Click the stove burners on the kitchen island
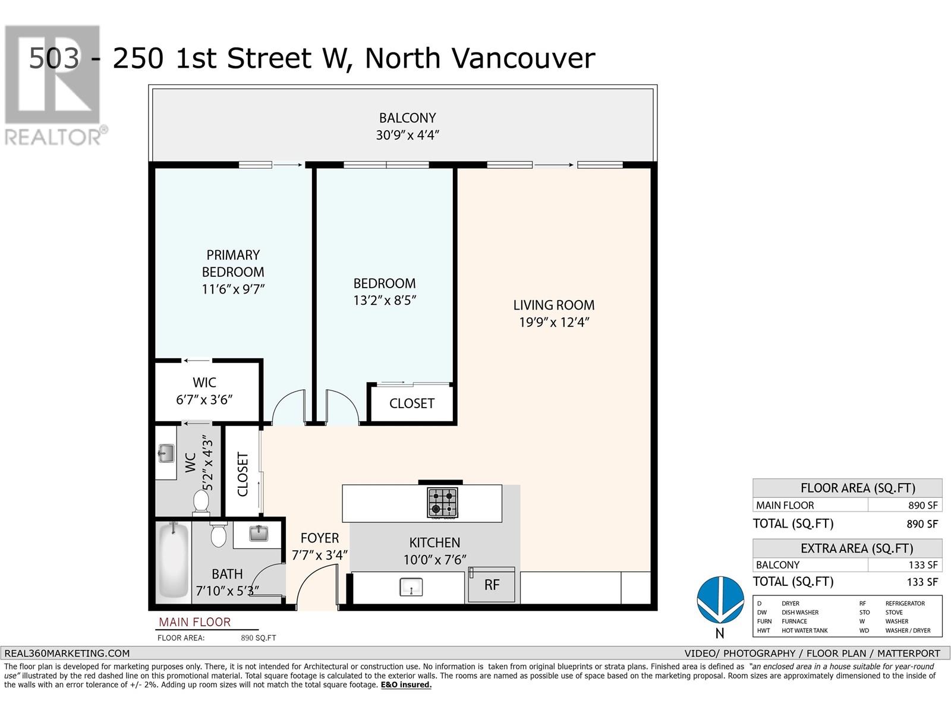pyautogui.click(x=442, y=503)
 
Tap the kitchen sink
pyautogui.click(x=411, y=587)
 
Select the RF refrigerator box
pyautogui.click(x=492, y=585)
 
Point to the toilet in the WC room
pyautogui.click(x=201, y=501)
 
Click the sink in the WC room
pyautogui.click(x=166, y=453)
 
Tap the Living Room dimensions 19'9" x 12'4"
pyautogui.click(x=554, y=323)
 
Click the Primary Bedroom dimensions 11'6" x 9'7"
pyautogui.click(x=233, y=289)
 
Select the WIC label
pyautogui.click(x=204, y=382)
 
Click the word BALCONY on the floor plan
pyautogui.click(x=407, y=118)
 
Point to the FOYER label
pyautogui.click(x=320, y=538)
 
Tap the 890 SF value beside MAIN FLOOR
pyautogui.click(x=923, y=505)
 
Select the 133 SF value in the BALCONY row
pyautogui.click(x=923, y=565)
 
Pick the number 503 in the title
pyautogui.click(x=54, y=58)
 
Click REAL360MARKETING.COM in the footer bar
pyautogui.click(x=67, y=653)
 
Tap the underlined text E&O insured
pyautogui.click(x=406, y=685)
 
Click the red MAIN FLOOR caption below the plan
pyautogui.click(x=194, y=622)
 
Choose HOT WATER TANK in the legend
pyautogui.click(x=805, y=630)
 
